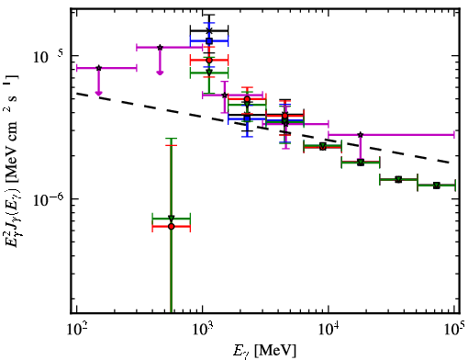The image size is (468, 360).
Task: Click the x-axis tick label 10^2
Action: [x=77, y=332]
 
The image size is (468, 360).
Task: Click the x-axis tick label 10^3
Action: [x=204, y=332]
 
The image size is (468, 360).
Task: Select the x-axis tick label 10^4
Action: [x=329, y=332]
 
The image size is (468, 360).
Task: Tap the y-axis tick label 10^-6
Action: [x=49, y=199]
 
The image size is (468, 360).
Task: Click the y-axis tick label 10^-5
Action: [x=49, y=57]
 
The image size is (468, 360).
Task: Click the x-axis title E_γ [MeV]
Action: [x=264, y=351]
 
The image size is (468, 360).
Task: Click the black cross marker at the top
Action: [x=209, y=30]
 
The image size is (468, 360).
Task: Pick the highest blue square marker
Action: [x=209, y=40]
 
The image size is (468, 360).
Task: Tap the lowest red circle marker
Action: [x=172, y=227]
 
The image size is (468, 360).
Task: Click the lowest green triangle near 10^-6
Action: [x=172, y=219]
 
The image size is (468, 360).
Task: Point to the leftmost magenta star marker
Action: [x=99, y=68]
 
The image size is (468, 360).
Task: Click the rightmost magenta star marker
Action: [x=361, y=135]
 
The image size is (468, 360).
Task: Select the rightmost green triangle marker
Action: [x=437, y=186]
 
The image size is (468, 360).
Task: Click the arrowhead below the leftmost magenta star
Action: [x=98, y=93]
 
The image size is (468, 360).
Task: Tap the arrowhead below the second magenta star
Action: [x=160, y=73]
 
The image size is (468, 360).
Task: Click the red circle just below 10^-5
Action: [x=209, y=61]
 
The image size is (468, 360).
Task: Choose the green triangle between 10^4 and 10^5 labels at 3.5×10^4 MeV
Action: [x=398, y=179]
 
